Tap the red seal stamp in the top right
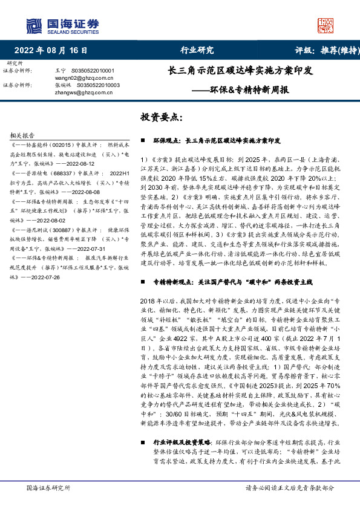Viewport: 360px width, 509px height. (x=326, y=25)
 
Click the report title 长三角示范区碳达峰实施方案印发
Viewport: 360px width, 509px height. (x=240, y=71)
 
